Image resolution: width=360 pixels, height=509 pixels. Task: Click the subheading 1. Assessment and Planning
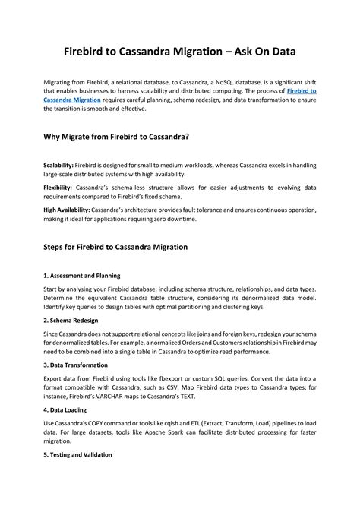point(82,275)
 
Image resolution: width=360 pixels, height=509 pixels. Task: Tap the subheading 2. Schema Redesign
point(72,321)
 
